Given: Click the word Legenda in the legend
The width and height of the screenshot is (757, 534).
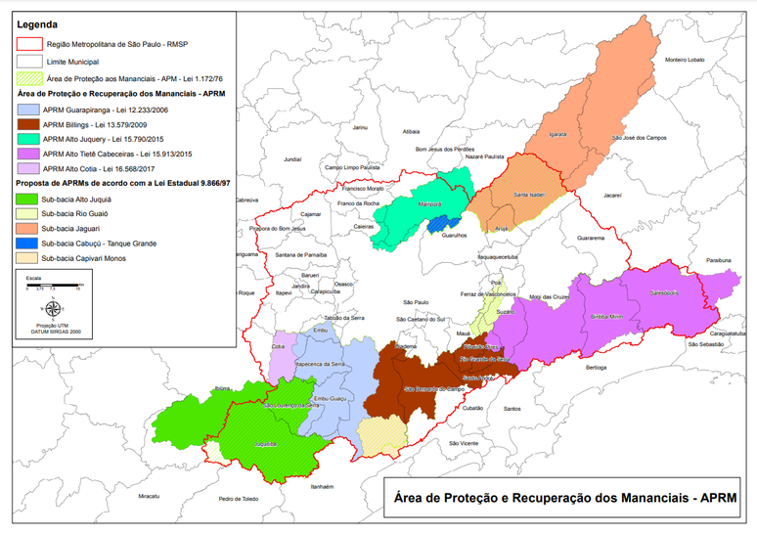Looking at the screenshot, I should coord(38,23).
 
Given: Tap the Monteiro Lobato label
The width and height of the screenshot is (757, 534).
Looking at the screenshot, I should coord(686,61).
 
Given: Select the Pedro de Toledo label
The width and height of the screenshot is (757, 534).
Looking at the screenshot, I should coord(238,499).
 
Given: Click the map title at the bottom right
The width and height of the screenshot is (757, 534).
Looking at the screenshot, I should coord(560,498).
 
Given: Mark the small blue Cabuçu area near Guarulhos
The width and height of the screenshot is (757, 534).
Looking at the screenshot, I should coord(442,224).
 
